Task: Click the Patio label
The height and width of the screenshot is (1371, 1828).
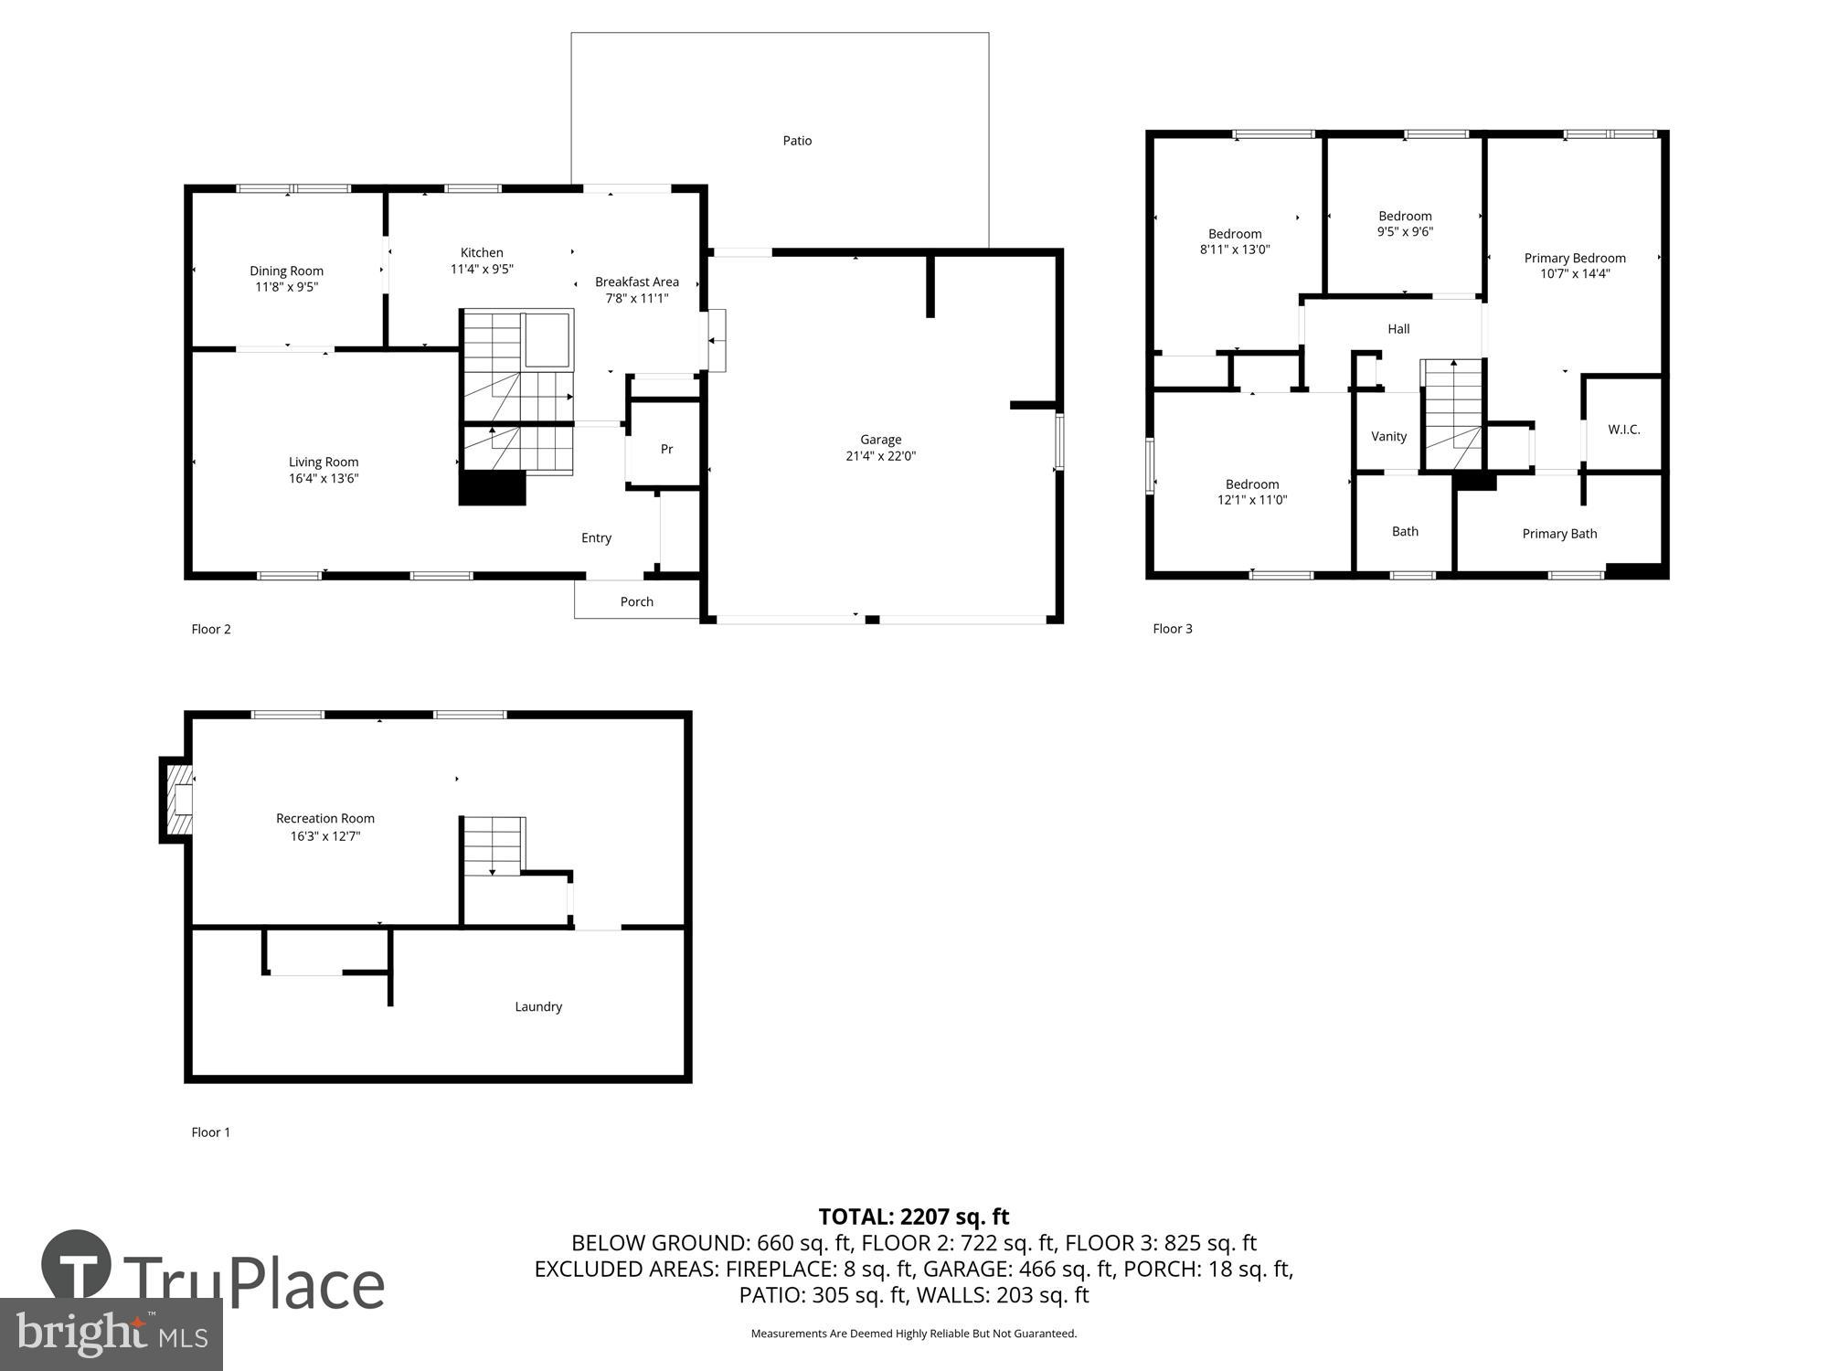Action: [797, 141]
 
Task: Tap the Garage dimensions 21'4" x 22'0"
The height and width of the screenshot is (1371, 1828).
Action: [880, 456]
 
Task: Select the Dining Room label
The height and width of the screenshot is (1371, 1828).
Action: [286, 271]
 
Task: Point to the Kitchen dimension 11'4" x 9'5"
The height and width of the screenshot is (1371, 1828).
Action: [482, 269]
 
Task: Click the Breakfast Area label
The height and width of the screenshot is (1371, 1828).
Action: [636, 282]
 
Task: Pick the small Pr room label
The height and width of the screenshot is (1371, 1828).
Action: [666, 449]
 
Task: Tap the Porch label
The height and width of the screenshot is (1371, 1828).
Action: [636, 601]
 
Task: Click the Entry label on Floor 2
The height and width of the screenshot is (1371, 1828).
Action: [596, 537]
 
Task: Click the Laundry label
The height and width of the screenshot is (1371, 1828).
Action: [537, 1006]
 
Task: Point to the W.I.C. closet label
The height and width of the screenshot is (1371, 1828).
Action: [1623, 430]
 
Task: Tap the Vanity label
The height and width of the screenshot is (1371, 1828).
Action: [1388, 436]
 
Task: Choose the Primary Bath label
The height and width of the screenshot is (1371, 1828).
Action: [1558, 534]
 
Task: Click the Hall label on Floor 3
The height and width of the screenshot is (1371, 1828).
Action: [1398, 329]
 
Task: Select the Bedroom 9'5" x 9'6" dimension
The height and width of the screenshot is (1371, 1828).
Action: [1405, 232]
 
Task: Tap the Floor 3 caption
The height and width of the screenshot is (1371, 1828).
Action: [1172, 629]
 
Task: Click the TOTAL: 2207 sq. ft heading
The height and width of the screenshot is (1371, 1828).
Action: [913, 1217]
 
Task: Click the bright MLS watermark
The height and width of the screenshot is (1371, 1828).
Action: [112, 1335]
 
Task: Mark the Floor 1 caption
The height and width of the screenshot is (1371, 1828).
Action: [210, 1132]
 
